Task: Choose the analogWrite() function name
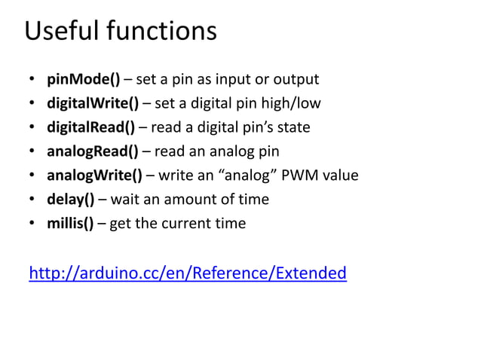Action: [94, 175]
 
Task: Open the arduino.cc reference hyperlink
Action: [188, 273]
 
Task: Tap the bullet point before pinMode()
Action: [31, 80]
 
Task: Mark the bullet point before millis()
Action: [31, 224]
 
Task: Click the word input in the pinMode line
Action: [236, 79]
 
